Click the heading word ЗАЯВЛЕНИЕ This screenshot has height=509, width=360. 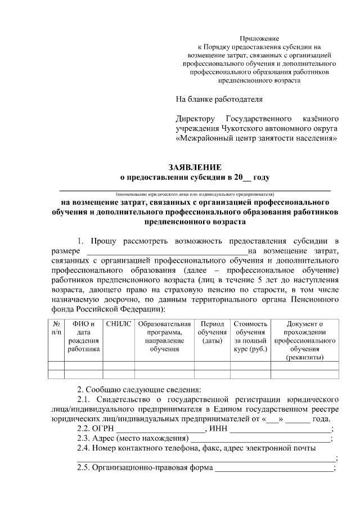pos(195,167)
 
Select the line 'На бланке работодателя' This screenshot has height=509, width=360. pos(219,100)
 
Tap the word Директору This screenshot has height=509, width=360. pos(195,119)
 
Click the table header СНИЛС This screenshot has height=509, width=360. pos(118,324)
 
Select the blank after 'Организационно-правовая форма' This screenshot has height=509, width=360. pos(274,468)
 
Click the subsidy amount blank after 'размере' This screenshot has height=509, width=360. pos(166,251)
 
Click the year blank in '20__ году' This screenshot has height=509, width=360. pos(246,177)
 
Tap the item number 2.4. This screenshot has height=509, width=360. pos(84,448)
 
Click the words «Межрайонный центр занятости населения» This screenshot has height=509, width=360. pos(256,137)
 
